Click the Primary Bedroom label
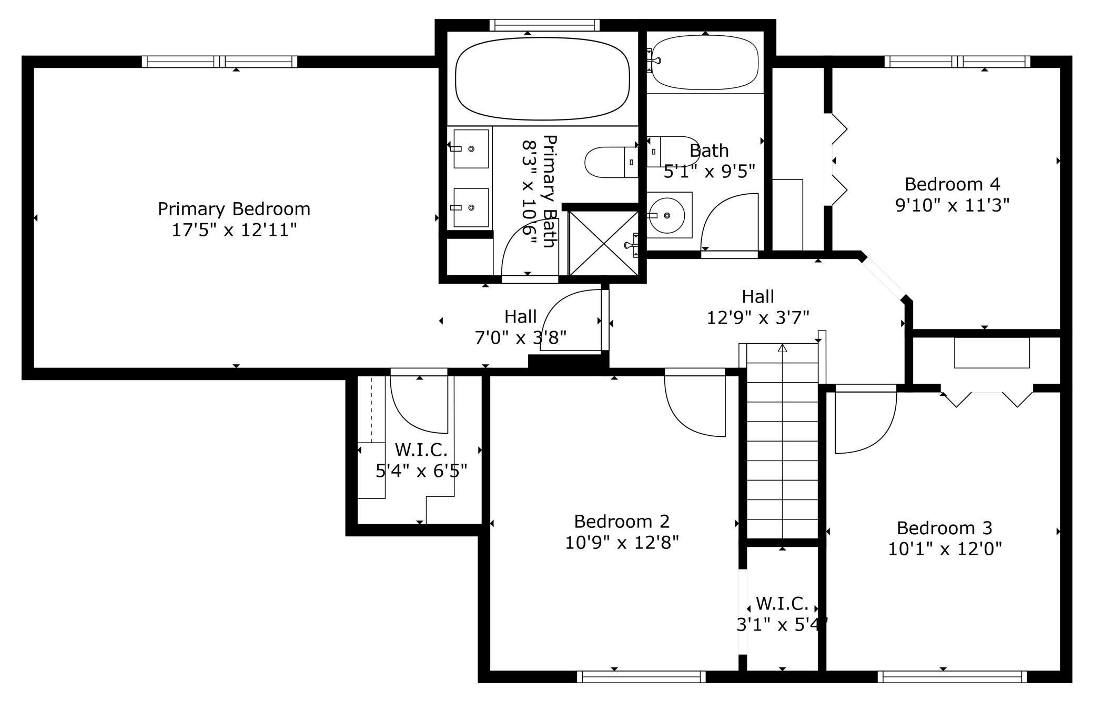click(234, 209)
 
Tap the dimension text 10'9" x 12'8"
click(622, 542)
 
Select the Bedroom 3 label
click(944, 527)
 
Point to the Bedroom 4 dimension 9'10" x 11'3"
click(952, 205)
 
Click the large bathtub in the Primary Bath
click(542, 79)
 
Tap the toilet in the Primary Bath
click(610, 162)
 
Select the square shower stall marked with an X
click(603, 243)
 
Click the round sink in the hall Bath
click(666, 215)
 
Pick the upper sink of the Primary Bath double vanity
click(470, 149)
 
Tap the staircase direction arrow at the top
click(782, 348)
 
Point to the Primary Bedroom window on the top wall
click(219, 62)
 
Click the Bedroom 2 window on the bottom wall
click(641, 677)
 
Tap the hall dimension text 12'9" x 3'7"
click(757, 318)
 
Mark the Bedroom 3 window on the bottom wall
click(952, 677)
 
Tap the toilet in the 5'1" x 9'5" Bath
click(673, 152)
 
